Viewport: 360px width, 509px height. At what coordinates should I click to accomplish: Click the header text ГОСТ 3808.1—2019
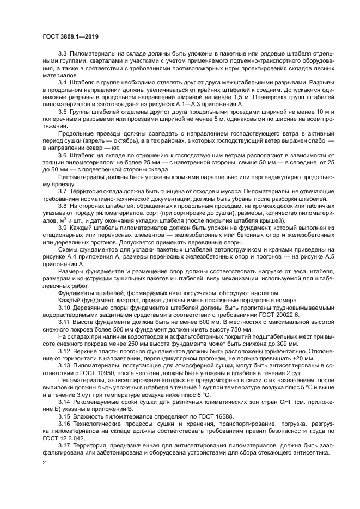tap(70, 37)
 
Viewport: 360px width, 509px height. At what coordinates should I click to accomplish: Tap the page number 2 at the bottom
tap(44, 462)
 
